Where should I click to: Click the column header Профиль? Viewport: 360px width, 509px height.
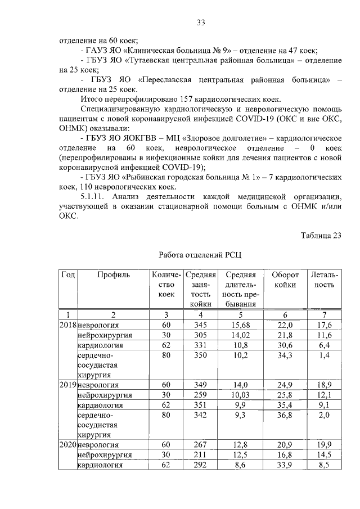point(113,275)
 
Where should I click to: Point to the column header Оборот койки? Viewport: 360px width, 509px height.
point(284,280)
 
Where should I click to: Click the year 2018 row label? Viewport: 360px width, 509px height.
point(67,325)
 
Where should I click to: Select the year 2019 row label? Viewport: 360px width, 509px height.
point(67,385)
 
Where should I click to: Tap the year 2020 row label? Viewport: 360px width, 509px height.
point(67,444)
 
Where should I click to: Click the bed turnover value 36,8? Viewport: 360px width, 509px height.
point(284,415)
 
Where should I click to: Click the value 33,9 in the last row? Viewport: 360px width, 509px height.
point(284,465)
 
